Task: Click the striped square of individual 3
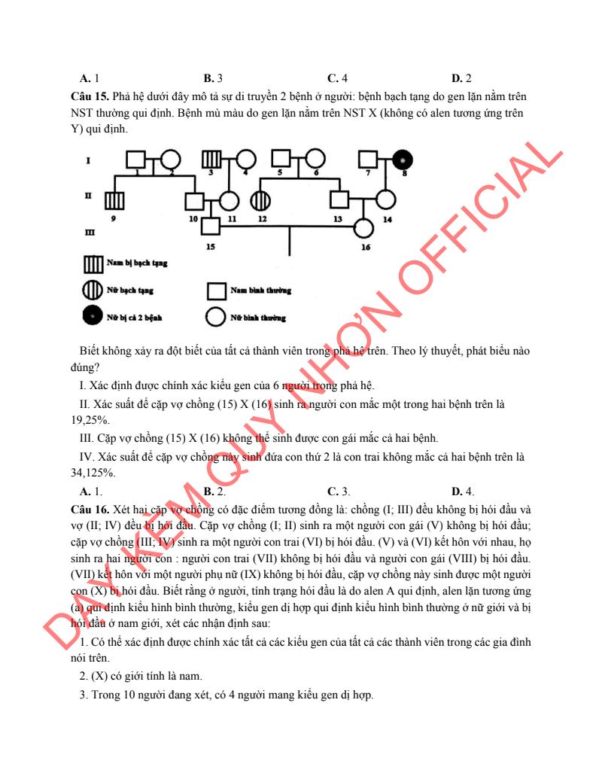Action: click(x=212, y=160)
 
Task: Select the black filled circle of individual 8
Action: click(x=403, y=160)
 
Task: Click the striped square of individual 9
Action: click(x=114, y=202)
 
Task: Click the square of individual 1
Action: click(x=135, y=160)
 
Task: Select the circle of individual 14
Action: click(x=385, y=202)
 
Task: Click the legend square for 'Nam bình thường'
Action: click(x=216, y=290)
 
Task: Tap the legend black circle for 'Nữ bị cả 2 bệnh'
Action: click(x=93, y=317)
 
